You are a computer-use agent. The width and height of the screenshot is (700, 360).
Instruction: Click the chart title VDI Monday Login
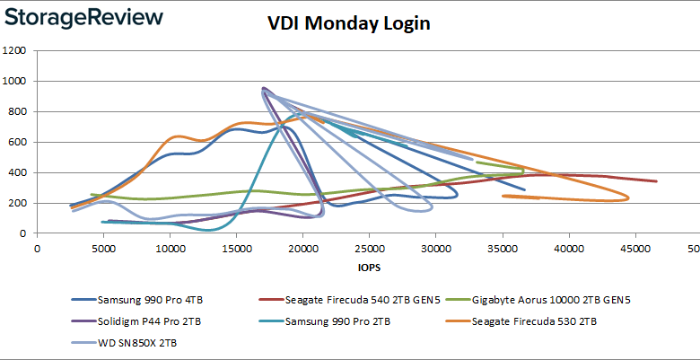click(x=349, y=24)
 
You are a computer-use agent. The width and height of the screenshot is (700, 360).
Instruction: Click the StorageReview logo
click(x=83, y=18)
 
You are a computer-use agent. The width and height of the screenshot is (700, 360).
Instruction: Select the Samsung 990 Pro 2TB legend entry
click(x=342, y=320)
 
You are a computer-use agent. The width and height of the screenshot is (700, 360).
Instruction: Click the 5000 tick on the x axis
click(x=103, y=248)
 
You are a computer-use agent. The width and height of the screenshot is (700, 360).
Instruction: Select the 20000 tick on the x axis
click(x=302, y=248)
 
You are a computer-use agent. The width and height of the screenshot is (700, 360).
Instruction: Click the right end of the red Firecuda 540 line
click(x=656, y=181)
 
